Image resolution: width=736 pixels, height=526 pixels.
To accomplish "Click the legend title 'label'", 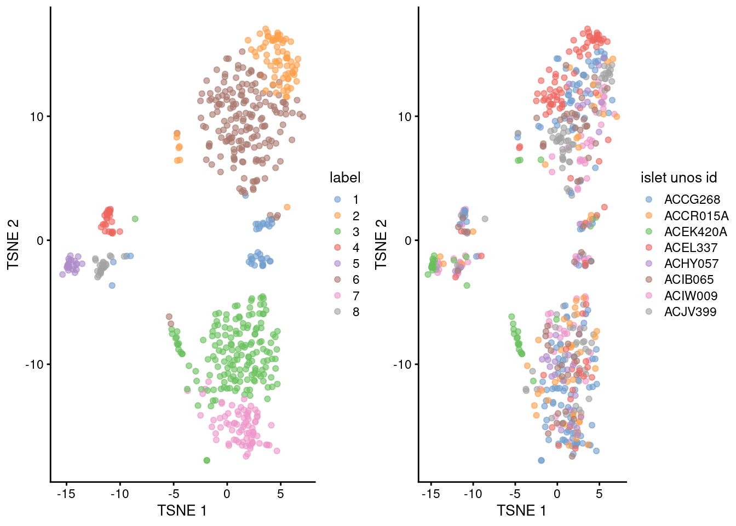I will [345, 178].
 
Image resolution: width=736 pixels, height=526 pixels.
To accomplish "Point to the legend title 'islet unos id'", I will [679, 178].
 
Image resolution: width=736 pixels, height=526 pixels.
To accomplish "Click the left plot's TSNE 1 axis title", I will [182, 511].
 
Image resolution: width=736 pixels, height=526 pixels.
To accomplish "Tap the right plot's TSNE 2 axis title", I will [381, 244].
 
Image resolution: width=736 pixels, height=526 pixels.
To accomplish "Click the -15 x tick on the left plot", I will [66, 494].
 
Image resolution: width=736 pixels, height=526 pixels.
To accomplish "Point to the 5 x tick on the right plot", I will [599, 494].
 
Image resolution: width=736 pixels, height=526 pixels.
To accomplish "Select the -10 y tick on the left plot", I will [35, 364].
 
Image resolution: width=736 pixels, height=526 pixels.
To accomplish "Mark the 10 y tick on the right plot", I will [404, 117].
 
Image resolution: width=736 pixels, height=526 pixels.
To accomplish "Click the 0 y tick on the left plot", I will [40, 241].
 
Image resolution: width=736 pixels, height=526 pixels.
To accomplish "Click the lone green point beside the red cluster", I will [135, 219].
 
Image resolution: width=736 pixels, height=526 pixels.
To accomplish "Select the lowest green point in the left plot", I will [206, 460].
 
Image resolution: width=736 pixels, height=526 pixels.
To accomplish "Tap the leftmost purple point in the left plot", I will [62, 275].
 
